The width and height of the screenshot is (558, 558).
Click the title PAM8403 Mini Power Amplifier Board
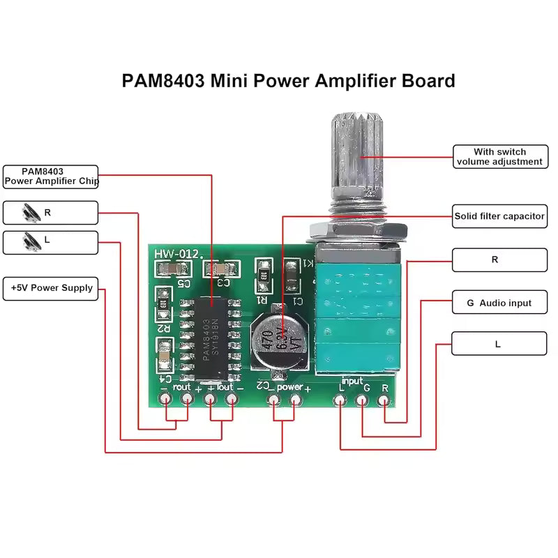[288, 80]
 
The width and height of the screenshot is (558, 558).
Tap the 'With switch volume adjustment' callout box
[499, 157]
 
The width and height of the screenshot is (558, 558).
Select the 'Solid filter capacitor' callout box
[499, 216]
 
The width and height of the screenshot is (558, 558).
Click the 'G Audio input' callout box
[499, 303]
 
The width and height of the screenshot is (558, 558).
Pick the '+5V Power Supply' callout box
[51, 288]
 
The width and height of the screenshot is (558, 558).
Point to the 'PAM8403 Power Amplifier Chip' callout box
[51, 176]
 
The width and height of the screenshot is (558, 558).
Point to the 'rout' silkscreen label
[182, 386]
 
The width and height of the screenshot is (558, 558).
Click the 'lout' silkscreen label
[225, 386]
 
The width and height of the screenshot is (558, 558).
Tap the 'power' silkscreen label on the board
[289, 386]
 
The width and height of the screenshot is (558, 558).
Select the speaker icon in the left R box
[30, 211]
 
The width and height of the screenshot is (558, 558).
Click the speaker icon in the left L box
[30, 241]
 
